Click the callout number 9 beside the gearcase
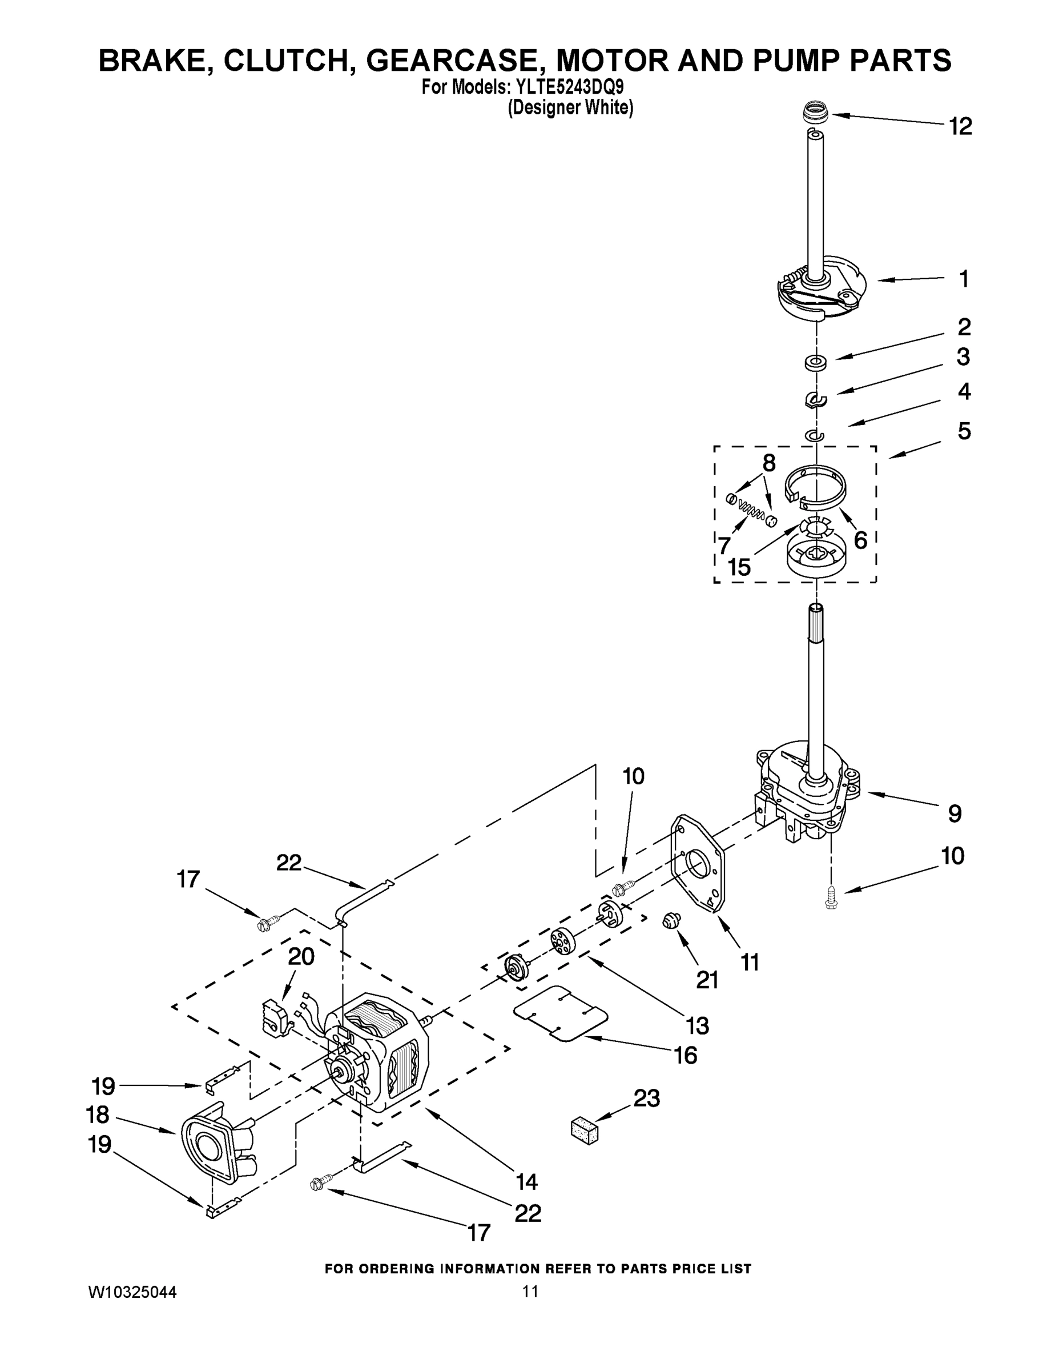click(954, 813)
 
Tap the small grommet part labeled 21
click(672, 921)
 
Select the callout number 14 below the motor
click(526, 1181)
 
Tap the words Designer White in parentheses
click(570, 109)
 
